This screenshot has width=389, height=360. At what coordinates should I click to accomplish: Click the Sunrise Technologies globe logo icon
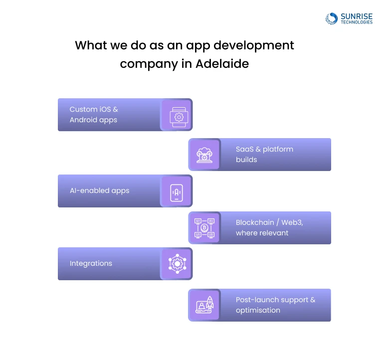(x=332, y=19)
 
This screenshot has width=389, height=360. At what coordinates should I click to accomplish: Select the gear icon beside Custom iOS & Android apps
(x=177, y=115)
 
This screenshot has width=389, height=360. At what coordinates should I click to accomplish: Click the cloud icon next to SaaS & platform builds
(x=204, y=155)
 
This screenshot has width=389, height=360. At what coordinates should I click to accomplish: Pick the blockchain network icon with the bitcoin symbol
(x=204, y=228)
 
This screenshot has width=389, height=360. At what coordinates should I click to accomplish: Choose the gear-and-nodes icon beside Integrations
(x=177, y=264)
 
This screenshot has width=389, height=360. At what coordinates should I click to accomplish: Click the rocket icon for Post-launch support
(x=204, y=305)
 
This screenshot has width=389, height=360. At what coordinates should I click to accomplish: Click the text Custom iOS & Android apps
(x=94, y=115)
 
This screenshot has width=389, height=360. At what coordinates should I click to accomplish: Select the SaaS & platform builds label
(x=264, y=155)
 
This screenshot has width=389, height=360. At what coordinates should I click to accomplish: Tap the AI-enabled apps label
(x=99, y=190)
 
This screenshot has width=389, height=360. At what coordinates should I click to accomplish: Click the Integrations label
(x=91, y=263)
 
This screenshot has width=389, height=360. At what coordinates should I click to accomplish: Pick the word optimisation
(x=258, y=310)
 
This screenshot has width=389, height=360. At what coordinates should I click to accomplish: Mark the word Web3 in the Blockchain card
(x=291, y=222)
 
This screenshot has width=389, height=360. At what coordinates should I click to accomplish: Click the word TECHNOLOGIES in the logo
(x=356, y=22)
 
